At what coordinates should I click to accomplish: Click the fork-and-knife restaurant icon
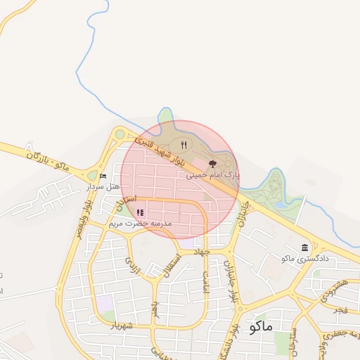pos(184,145)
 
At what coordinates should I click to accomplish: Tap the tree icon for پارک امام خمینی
pos(213,164)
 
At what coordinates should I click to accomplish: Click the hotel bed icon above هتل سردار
pos(103,176)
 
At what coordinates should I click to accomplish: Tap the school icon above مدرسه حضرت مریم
pos(140,212)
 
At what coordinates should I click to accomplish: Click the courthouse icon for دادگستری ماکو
pos(304,247)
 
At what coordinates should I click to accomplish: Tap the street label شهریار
pos(121,325)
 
